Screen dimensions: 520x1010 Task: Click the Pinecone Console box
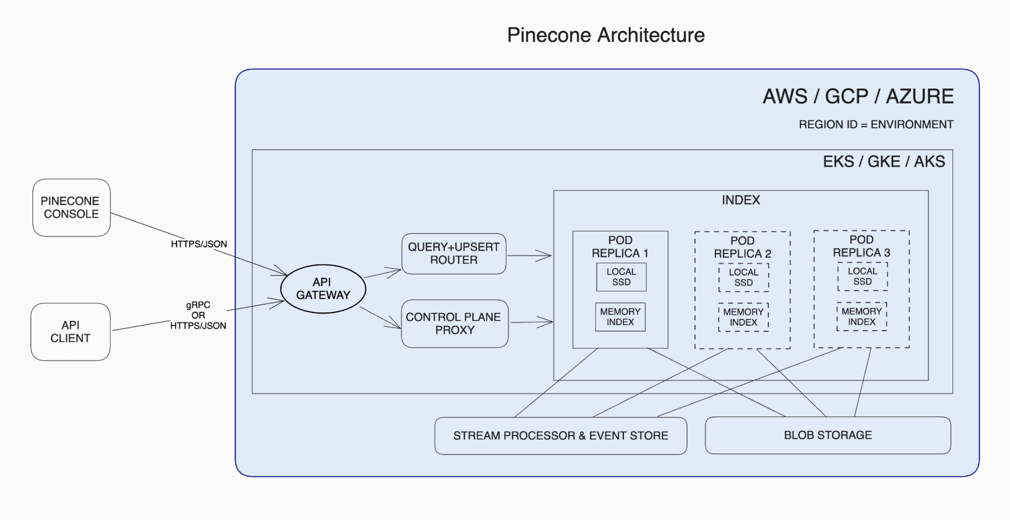click(x=71, y=207)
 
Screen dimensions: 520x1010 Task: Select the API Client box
click(x=71, y=332)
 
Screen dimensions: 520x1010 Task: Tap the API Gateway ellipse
click(x=323, y=289)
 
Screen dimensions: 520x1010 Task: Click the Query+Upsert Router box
click(x=454, y=253)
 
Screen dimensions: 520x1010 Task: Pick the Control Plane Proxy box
click(x=455, y=324)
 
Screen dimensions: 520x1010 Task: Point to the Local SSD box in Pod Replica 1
click(x=621, y=277)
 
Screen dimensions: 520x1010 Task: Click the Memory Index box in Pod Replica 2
click(x=743, y=318)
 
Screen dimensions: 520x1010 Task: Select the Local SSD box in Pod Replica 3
click(x=862, y=277)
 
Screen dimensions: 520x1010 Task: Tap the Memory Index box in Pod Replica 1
click(x=620, y=317)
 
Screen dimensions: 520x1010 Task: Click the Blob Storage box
click(x=827, y=435)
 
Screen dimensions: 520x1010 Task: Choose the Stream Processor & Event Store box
click(x=560, y=436)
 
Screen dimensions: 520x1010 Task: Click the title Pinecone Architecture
click(x=605, y=35)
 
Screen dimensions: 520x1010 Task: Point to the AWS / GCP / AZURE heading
click(x=858, y=96)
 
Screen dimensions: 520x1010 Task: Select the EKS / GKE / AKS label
click(x=884, y=162)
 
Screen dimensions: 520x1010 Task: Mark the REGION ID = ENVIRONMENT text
click(x=876, y=125)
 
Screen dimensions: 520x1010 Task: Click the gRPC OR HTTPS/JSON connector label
click(x=198, y=316)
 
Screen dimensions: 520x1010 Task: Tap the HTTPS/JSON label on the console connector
click(x=199, y=244)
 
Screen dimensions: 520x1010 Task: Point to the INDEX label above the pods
click(x=741, y=200)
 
